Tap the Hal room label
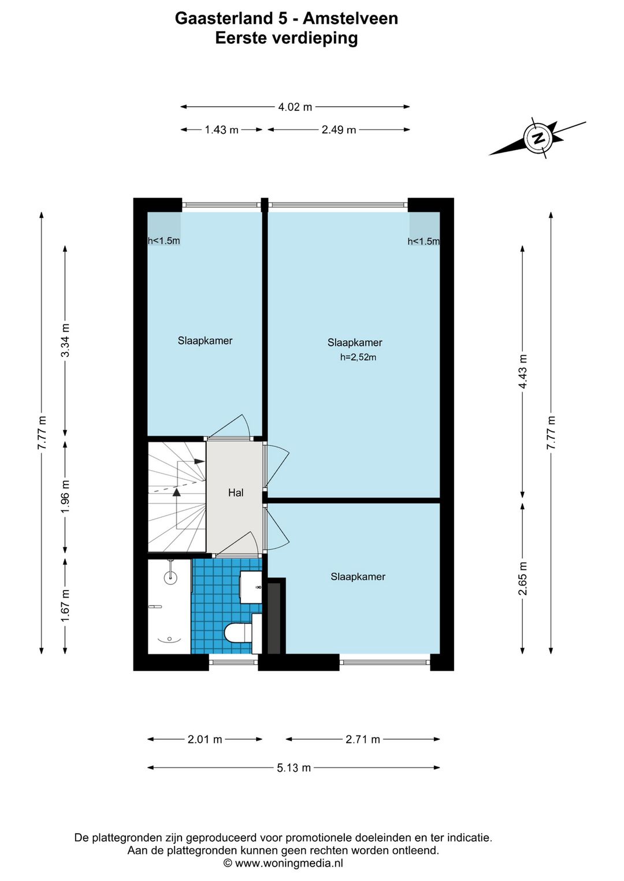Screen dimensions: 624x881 [236, 492]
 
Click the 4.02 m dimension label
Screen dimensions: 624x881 [295, 107]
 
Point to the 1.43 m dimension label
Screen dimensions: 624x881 [222, 129]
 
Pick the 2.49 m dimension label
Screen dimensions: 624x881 [339, 129]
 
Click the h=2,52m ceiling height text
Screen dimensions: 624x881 [358, 357]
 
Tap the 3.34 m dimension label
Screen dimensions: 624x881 [65, 340]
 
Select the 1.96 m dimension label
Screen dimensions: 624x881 [65, 496]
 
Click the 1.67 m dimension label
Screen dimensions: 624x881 [65, 606]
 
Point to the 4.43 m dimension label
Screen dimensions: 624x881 [522, 372]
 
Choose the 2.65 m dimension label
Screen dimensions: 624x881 [522, 578]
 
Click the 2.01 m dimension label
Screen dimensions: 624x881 [205, 740]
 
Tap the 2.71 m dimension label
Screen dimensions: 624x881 [363, 740]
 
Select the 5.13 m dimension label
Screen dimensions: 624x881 [294, 767]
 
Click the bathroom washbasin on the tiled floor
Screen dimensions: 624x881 [251, 587]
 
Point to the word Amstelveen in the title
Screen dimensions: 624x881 [350, 18]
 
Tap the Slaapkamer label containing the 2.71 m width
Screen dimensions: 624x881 [358, 577]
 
